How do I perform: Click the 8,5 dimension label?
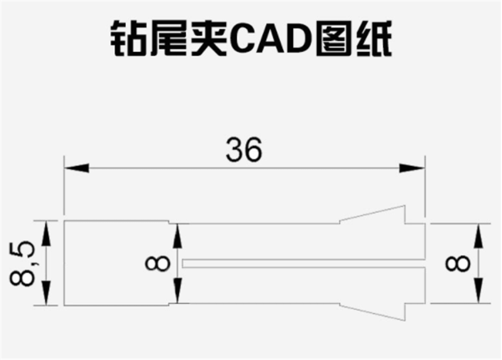coord(23,263)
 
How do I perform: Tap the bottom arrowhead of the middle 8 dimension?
coord(178,292)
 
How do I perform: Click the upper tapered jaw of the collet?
coord(376,217)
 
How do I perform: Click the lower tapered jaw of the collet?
coord(376,309)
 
